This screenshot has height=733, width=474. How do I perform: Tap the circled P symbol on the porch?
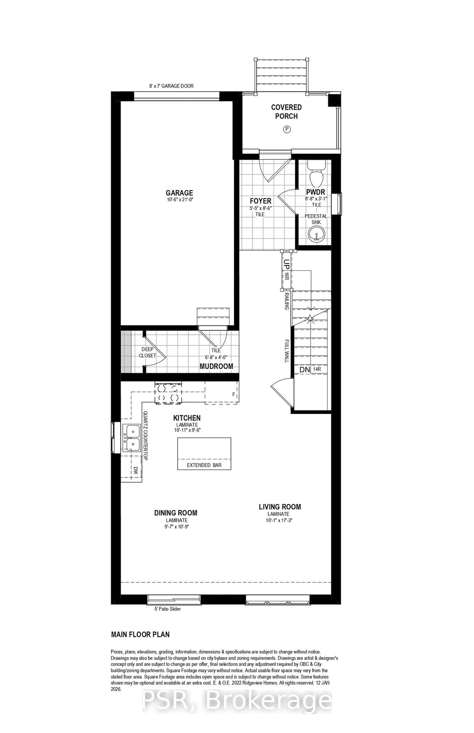286,129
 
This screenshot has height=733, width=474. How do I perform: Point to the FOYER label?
260,201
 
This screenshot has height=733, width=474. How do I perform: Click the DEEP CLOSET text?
147,353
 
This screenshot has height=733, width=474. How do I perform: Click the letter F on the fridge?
234,394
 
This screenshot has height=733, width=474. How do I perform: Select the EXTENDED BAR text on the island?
204,465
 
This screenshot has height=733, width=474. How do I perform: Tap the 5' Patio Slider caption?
167,609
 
